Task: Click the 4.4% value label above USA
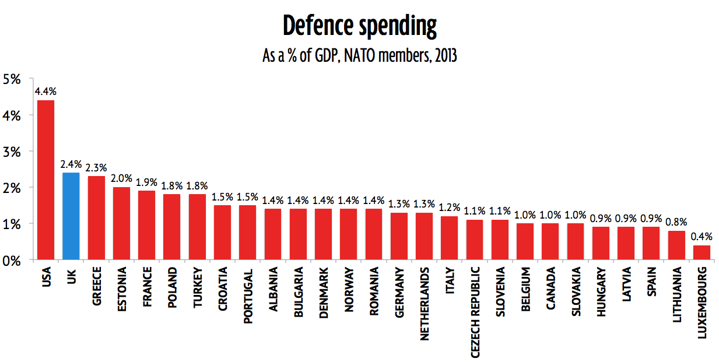pyautogui.click(x=45, y=92)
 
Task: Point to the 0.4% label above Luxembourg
pyautogui.click(x=702, y=237)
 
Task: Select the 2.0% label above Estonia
pyautogui.click(x=121, y=178)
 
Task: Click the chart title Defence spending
pyautogui.click(x=359, y=26)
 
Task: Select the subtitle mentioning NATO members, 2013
pyautogui.click(x=359, y=57)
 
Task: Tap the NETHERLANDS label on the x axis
pyautogui.click(x=424, y=303)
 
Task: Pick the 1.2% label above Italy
pyautogui.click(x=449, y=208)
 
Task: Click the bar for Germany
pyautogui.click(x=399, y=236)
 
